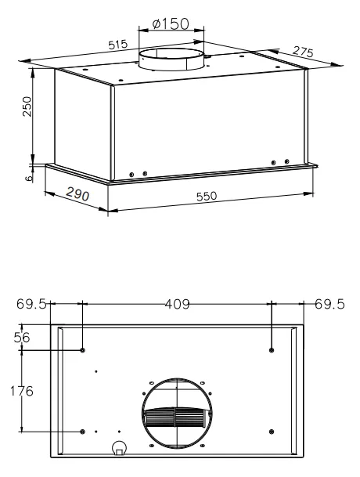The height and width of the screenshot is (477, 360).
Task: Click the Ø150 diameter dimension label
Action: tap(171, 23)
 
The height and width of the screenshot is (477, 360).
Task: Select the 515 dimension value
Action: tap(118, 45)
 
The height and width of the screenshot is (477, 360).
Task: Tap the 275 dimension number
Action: tap(303, 52)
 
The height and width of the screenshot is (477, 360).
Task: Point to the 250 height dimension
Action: tap(27, 107)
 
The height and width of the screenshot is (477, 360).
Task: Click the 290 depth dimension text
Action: tap(77, 194)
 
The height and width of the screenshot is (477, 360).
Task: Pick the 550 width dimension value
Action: tap(207, 197)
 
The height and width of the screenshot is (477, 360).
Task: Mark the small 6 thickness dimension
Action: tap(29, 179)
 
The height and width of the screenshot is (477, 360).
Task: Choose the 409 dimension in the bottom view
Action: tap(178, 304)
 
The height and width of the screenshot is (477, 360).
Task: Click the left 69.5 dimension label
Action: tap(31, 304)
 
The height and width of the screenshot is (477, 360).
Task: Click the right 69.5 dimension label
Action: tap(329, 304)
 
